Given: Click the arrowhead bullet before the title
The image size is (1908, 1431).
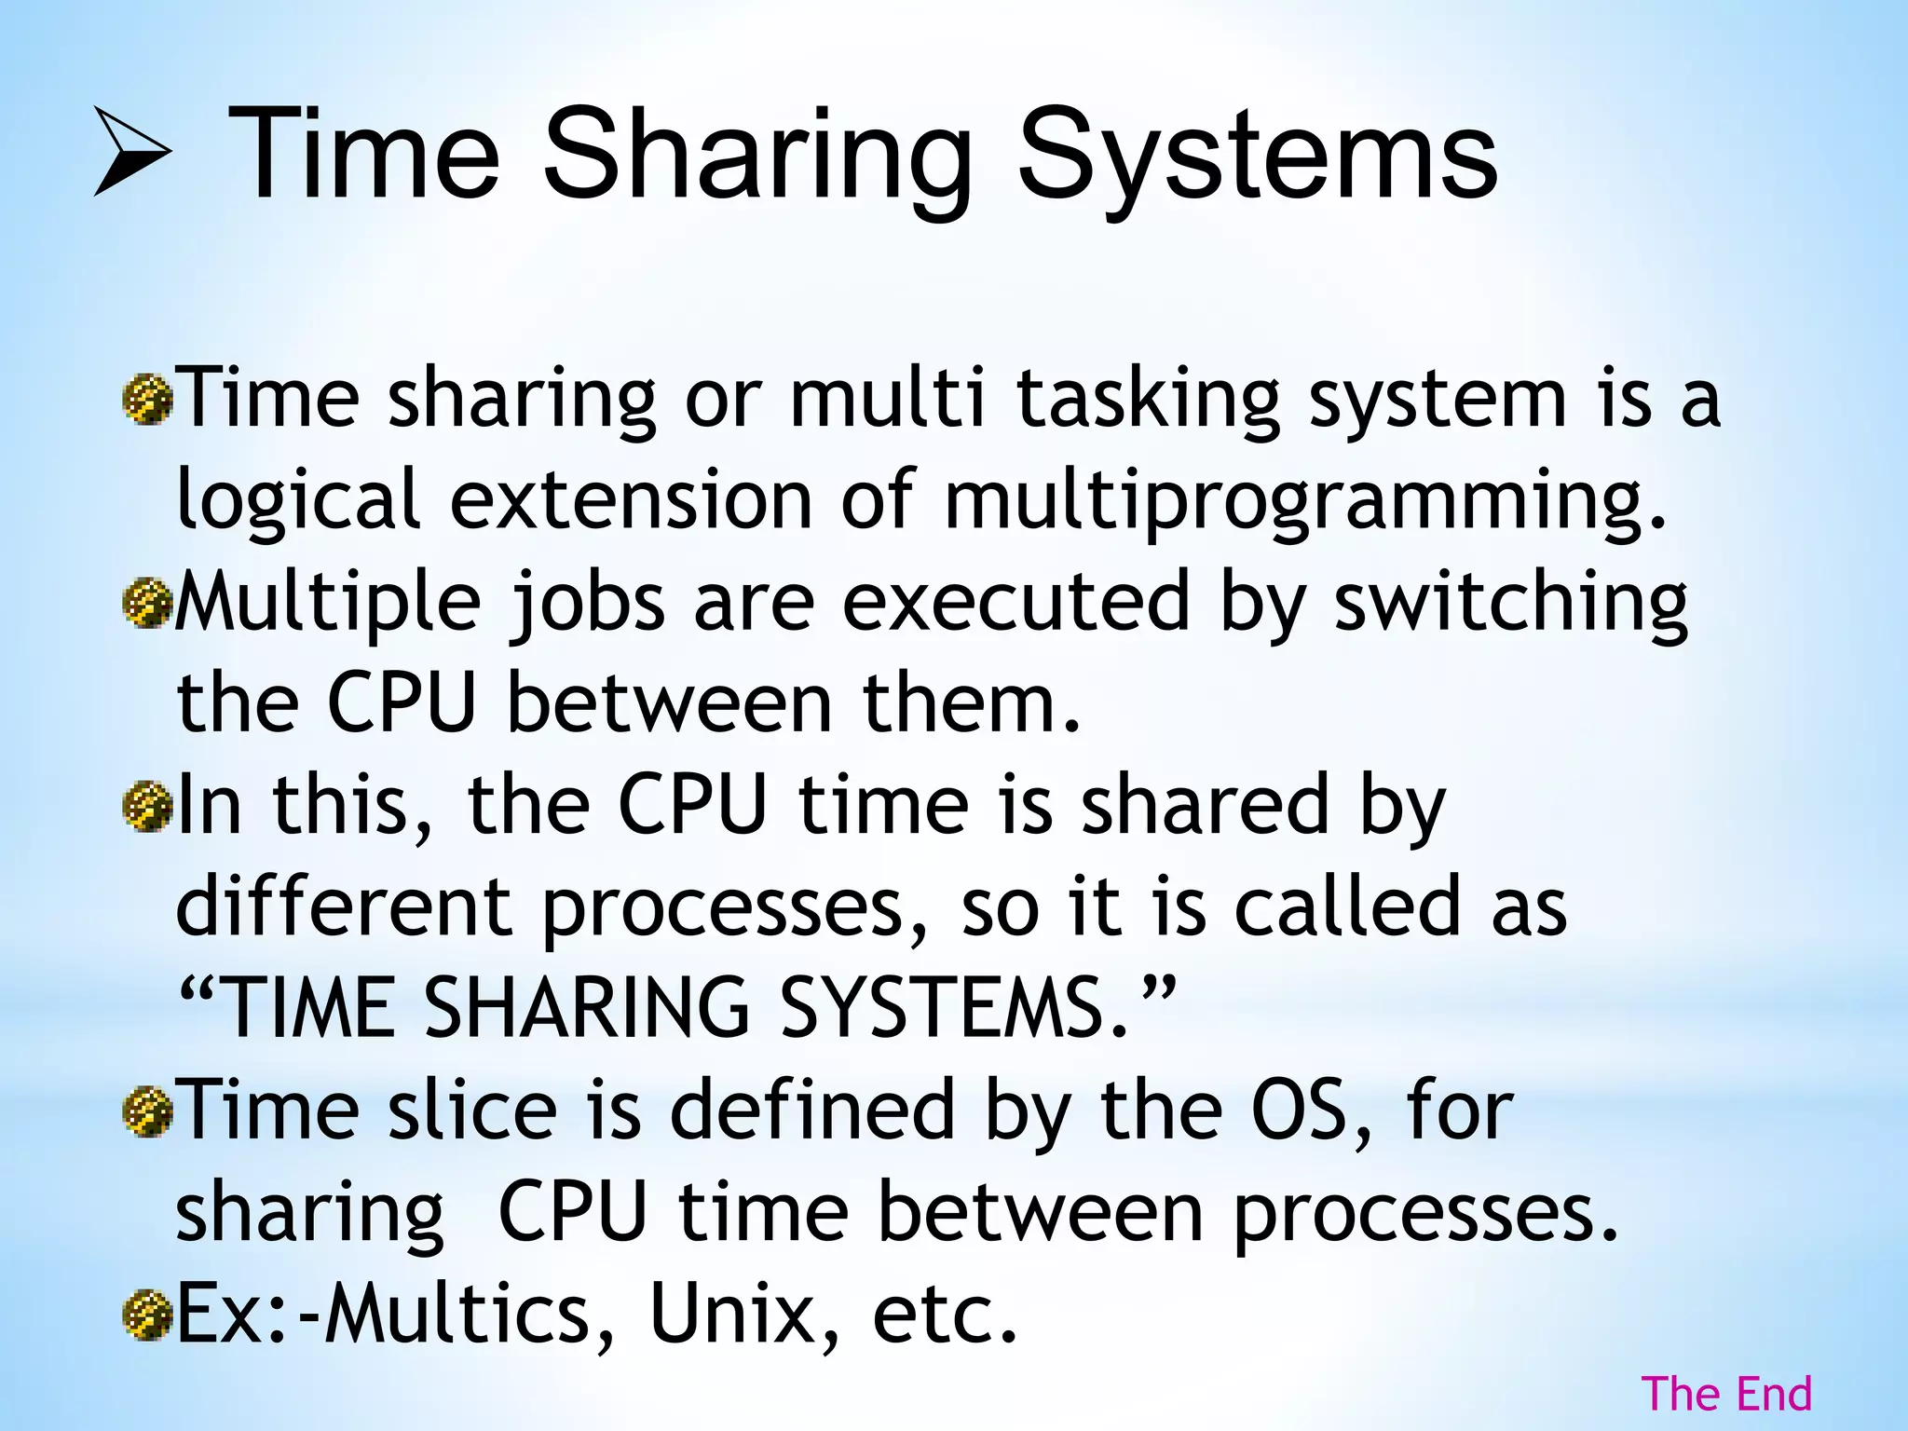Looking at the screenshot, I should coord(132,151).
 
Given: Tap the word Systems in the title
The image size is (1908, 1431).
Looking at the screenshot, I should coord(1257,155).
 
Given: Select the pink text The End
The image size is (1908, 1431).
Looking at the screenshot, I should coord(1726,1395).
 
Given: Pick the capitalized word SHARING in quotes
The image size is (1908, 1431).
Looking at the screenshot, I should coord(587,1008).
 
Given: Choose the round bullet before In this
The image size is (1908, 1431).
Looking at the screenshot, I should coord(148,807).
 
